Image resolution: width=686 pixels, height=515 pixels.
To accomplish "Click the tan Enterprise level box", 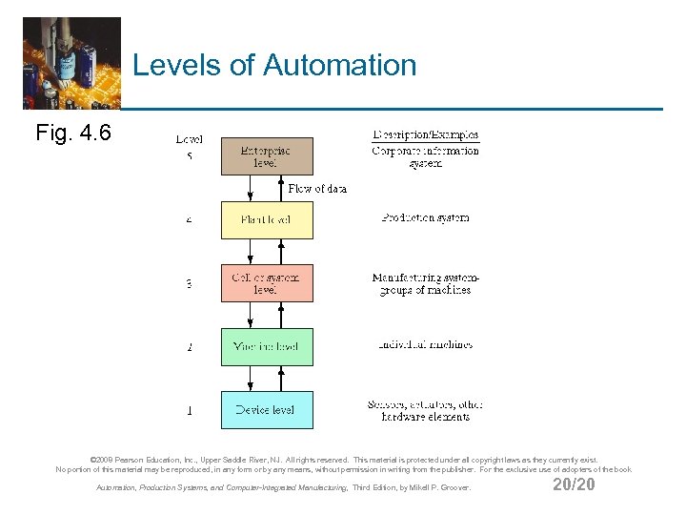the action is click(x=267, y=156).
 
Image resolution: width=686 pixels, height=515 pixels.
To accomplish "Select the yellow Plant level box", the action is click(x=267, y=219).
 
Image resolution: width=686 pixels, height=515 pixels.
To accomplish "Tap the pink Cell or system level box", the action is click(x=267, y=283).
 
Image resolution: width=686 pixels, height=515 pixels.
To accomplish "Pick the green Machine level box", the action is click(x=267, y=347).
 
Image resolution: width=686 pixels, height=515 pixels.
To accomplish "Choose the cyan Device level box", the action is click(x=267, y=410).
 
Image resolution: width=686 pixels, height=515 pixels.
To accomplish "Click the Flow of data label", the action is click(x=317, y=189).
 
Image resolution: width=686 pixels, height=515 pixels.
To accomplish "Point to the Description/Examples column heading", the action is click(x=426, y=135).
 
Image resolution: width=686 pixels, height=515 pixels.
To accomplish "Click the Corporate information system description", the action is click(x=426, y=156).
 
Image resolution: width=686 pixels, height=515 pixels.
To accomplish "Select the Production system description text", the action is click(x=426, y=218).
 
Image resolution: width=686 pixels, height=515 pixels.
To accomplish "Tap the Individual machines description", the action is click(x=426, y=345).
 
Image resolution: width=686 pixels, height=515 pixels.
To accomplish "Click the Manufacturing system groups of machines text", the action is click(x=426, y=283).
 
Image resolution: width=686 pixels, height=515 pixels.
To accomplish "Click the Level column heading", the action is click(x=190, y=140).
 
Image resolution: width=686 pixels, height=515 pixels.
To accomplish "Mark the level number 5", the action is click(x=190, y=156).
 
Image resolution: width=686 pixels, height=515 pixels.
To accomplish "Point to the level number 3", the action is click(x=190, y=283).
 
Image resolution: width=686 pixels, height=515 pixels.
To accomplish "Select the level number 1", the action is click(x=190, y=411).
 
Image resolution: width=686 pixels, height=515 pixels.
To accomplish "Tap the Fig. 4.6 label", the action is click(x=73, y=133).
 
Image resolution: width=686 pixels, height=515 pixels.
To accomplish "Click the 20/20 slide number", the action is click(x=574, y=485).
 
